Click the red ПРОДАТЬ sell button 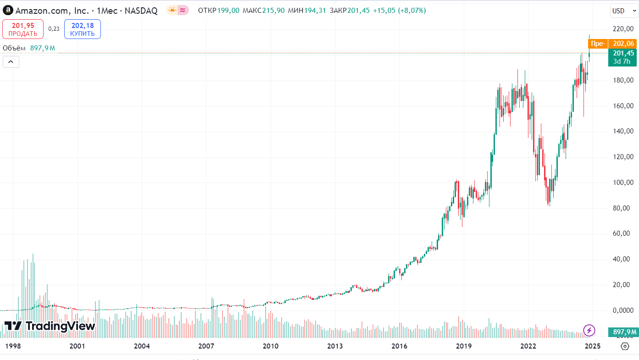pyautogui.click(x=23, y=29)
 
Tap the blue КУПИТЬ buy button pyautogui.click(x=83, y=29)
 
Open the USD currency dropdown pyautogui.click(x=624, y=11)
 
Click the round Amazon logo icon pyautogui.click(x=8, y=11)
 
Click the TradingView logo pyautogui.click(x=50, y=326)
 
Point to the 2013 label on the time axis pyautogui.click(x=335, y=346)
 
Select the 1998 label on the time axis pyautogui.click(x=13, y=346)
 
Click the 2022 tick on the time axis pyautogui.click(x=528, y=346)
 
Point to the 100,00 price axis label pyautogui.click(x=623, y=182)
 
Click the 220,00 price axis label pyautogui.click(x=623, y=29)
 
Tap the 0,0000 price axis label pyautogui.click(x=623, y=310)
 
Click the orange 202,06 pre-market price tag pyautogui.click(x=623, y=44)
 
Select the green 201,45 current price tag pyautogui.click(x=622, y=57)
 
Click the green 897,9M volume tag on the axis pyautogui.click(x=623, y=332)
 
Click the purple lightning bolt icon pyautogui.click(x=589, y=330)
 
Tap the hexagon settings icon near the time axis pyautogui.click(x=625, y=346)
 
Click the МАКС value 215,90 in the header pyautogui.click(x=273, y=11)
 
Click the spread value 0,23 pyautogui.click(x=54, y=29)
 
